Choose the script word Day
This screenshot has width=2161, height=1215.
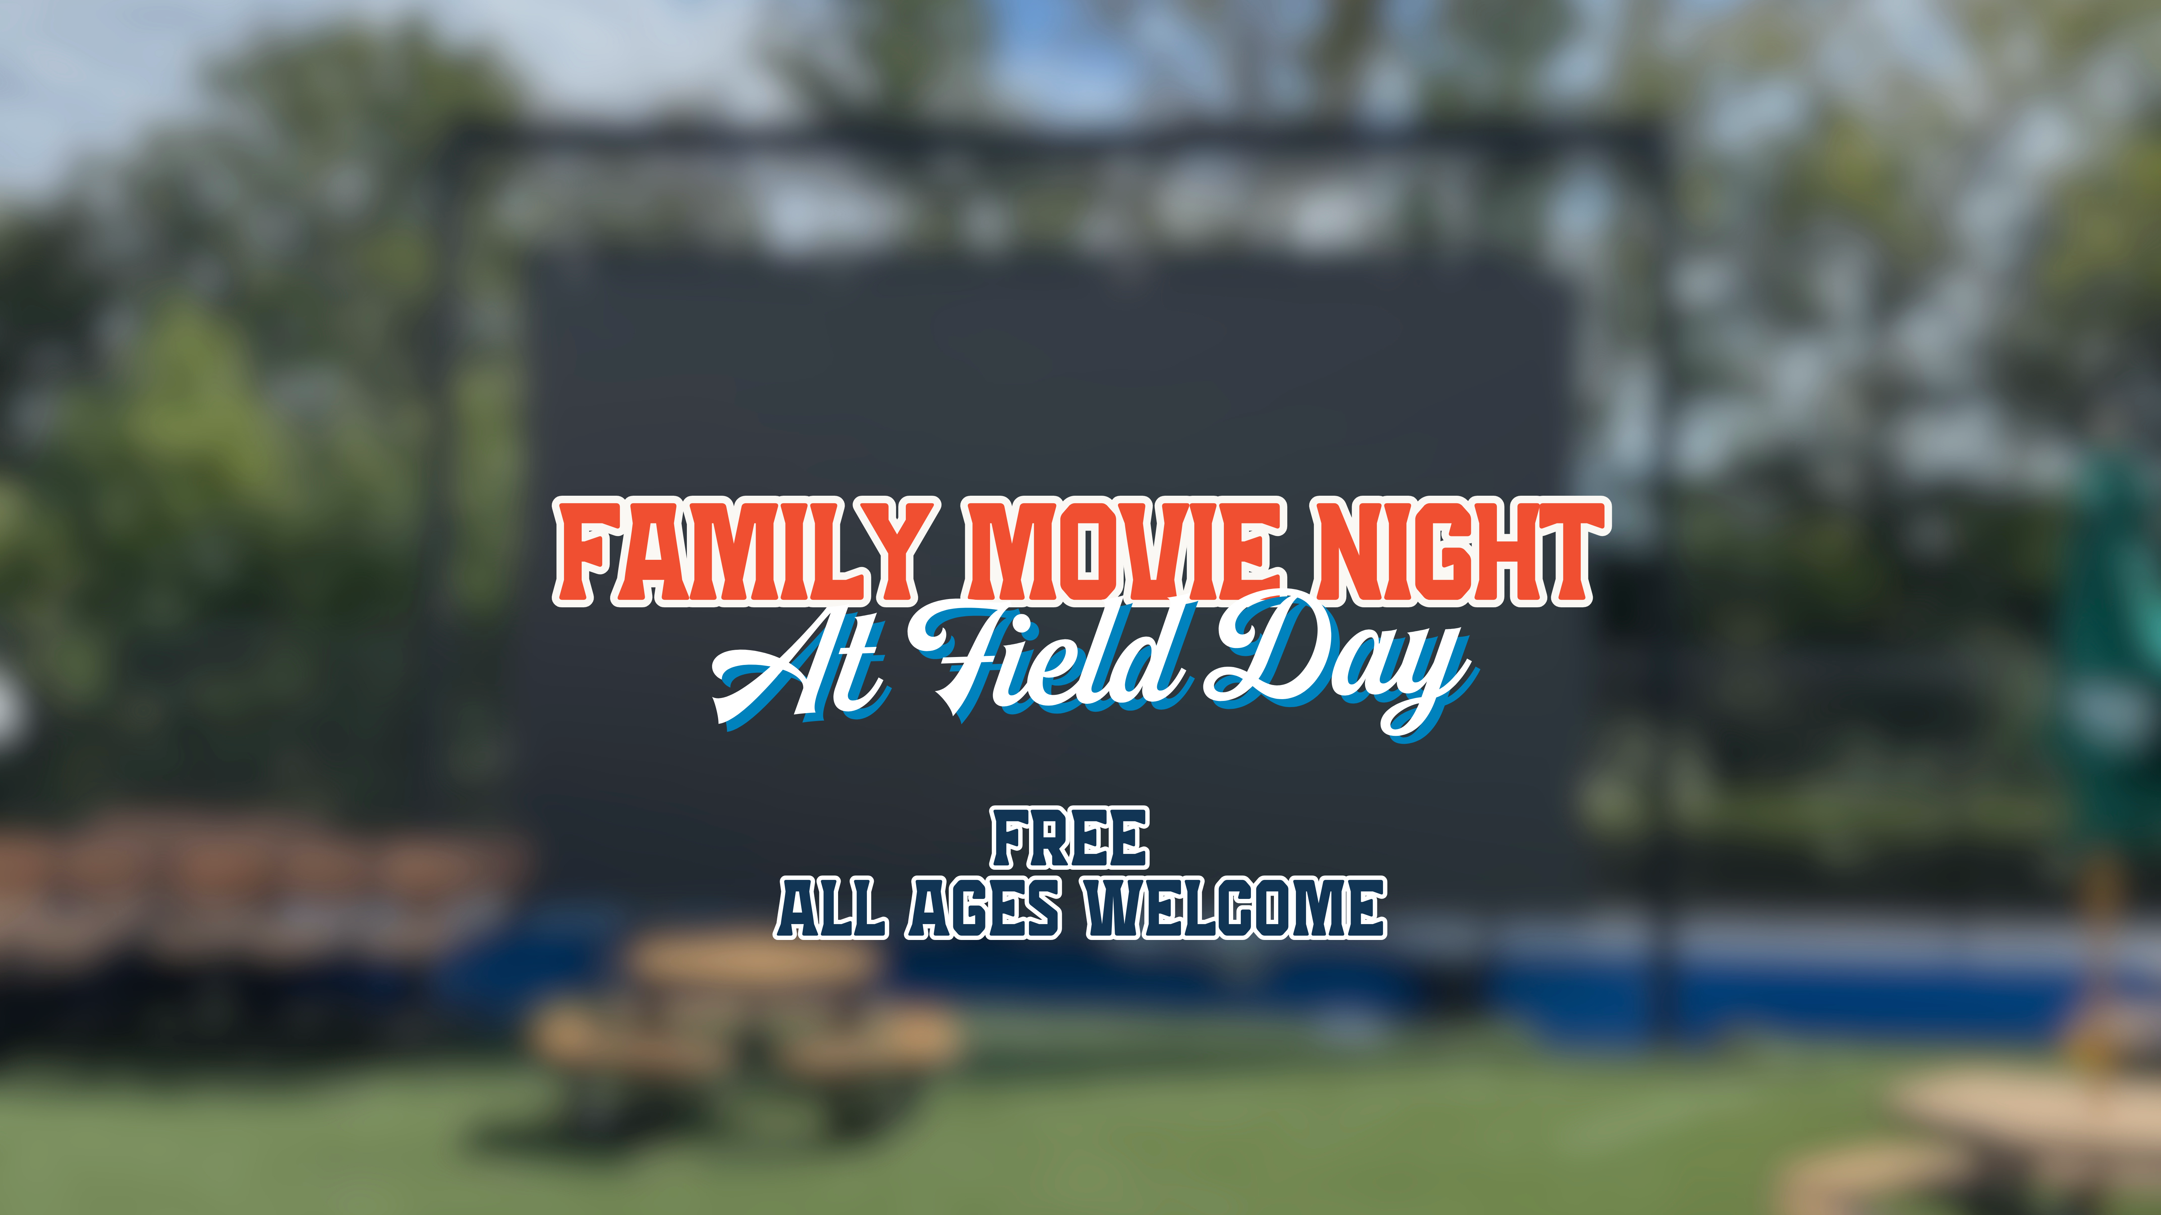coord(1334,662)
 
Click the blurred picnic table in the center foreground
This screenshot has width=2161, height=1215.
coord(747,1031)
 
